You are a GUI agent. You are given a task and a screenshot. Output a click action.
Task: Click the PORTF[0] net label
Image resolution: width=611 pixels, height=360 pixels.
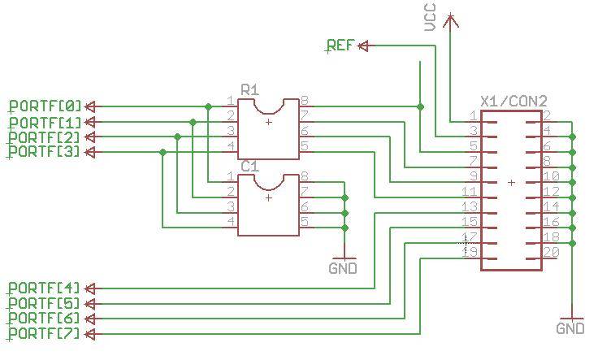(x=45, y=106)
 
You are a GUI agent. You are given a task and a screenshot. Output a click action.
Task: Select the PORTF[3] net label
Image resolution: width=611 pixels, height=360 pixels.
(x=45, y=152)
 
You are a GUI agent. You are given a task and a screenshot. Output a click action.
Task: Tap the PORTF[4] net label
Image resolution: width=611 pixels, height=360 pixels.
(x=45, y=288)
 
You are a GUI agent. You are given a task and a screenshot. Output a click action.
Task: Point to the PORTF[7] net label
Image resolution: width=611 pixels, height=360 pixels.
(x=45, y=334)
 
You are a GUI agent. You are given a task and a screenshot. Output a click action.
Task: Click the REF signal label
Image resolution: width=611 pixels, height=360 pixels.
(x=340, y=46)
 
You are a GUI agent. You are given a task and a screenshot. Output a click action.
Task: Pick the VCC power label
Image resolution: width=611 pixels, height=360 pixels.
(x=430, y=17)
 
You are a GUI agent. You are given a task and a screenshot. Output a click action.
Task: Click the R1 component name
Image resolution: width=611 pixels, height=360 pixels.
(x=249, y=88)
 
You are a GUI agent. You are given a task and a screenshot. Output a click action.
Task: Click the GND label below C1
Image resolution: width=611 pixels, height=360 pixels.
(x=343, y=268)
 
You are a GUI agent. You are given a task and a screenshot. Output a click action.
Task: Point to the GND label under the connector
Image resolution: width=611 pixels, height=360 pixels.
(x=570, y=328)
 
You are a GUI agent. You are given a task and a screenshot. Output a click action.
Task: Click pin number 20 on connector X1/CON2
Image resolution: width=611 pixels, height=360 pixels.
(x=551, y=252)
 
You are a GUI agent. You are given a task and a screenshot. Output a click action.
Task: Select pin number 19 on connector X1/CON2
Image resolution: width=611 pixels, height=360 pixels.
(x=470, y=252)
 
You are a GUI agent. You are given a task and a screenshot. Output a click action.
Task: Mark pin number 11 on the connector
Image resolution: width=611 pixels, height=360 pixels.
(x=470, y=191)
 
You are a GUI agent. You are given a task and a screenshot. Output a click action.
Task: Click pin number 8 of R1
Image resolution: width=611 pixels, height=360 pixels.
(x=304, y=100)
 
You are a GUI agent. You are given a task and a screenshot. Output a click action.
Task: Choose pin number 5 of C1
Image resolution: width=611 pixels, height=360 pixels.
(x=304, y=221)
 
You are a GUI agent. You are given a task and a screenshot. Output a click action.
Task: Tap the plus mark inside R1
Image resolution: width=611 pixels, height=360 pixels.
(x=269, y=122)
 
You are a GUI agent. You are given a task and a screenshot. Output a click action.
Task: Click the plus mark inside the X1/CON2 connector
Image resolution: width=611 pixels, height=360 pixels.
(x=511, y=183)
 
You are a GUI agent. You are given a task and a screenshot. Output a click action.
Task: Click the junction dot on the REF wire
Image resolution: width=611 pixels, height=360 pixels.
(x=420, y=106)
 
